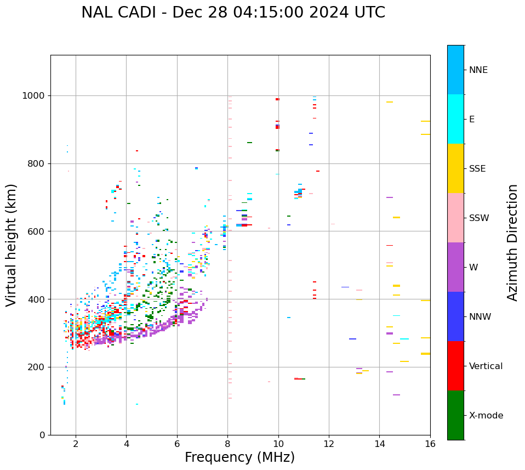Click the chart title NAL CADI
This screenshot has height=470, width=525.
[233, 13]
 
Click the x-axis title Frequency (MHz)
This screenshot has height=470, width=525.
[239, 457]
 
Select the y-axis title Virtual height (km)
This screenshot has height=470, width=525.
[12, 245]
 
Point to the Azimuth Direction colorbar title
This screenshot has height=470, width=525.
[512, 242]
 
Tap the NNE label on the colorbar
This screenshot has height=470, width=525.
[478, 70]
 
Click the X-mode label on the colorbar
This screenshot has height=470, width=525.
[486, 416]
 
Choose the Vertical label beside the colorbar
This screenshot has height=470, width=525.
[486, 366]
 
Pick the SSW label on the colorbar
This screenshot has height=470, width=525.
[479, 218]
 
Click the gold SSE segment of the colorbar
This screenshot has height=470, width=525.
[455, 168]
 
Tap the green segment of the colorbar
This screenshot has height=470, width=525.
[455, 415]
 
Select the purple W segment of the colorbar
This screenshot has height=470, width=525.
[455, 267]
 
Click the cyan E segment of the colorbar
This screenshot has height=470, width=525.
[455, 119]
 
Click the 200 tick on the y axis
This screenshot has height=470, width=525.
[38, 367]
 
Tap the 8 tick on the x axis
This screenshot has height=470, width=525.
[227, 444]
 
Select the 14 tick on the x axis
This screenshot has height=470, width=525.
[379, 444]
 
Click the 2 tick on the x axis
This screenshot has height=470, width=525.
[76, 444]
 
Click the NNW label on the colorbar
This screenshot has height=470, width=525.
[480, 317]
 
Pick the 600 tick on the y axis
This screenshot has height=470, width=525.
[38, 231]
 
